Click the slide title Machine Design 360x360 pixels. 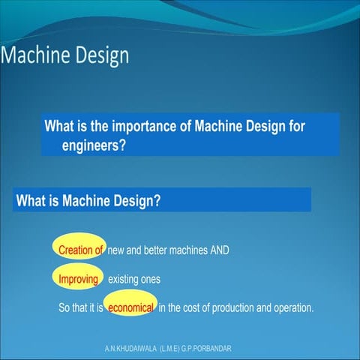click(x=65, y=55)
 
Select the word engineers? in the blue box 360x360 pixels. click(x=94, y=145)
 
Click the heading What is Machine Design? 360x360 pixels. click(x=89, y=200)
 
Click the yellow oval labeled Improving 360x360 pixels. click(x=79, y=279)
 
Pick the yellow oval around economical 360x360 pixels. click(x=131, y=308)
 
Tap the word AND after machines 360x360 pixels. click(x=218, y=250)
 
